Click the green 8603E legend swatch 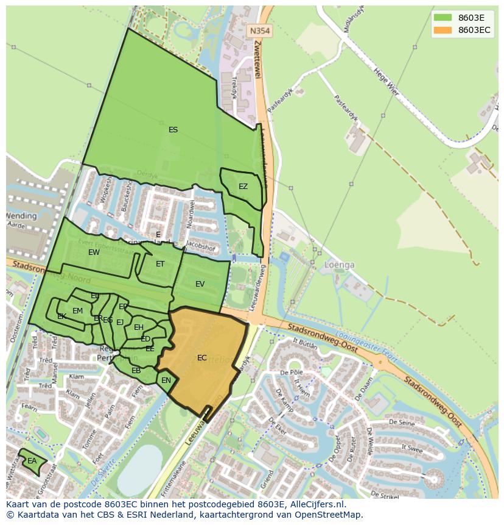tap(443, 17)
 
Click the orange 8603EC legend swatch tap(443, 30)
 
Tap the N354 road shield tap(261, 30)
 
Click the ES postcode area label tap(173, 130)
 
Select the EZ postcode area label tap(243, 187)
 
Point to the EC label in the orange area tap(201, 358)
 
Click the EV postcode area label tap(200, 284)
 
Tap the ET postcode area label tap(160, 264)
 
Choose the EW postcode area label tap(94, 252)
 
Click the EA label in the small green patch tap(32, 462)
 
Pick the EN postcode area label tap(166, 381)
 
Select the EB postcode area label tap(136, 371)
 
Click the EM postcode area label tap(77, 311)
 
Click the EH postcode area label tap(139, 327)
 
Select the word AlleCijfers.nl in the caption tap(316, 504)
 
